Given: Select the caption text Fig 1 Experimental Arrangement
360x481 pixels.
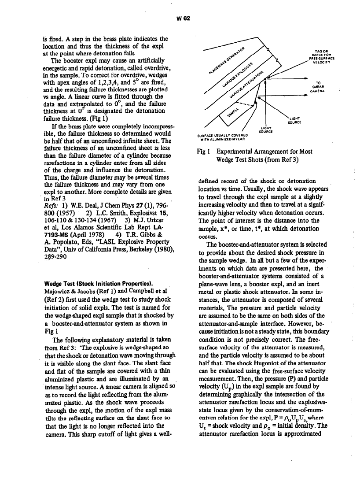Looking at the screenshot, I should click(254, 155).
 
